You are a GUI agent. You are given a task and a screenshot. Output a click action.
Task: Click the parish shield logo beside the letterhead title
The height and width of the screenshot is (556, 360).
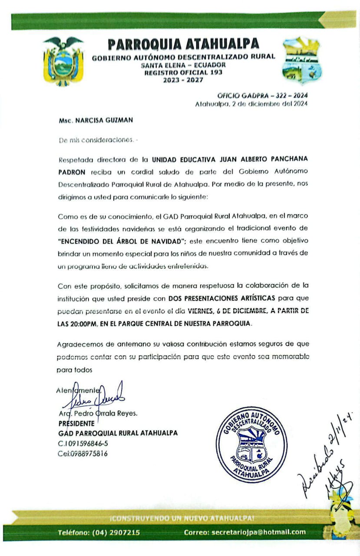302,61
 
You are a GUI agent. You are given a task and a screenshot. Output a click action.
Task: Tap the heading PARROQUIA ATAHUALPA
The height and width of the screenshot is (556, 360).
183,44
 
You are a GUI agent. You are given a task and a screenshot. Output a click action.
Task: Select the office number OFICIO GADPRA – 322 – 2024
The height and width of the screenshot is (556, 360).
262,96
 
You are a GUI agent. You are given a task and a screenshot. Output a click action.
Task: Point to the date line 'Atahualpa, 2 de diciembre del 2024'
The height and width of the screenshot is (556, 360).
251,104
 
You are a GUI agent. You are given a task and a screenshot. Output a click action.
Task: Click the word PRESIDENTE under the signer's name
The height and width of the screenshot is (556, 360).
76,423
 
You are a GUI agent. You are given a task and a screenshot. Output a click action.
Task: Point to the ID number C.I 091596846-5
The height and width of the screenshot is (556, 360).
83,443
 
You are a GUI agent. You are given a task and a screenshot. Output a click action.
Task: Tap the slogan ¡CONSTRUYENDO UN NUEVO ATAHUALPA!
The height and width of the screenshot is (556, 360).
182,518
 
